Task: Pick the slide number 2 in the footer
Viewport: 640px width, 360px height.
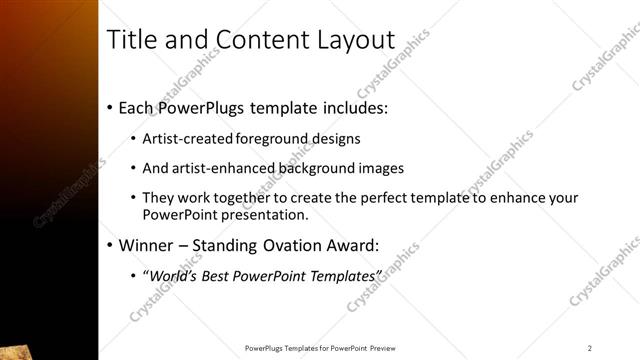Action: [x=590, y=348]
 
